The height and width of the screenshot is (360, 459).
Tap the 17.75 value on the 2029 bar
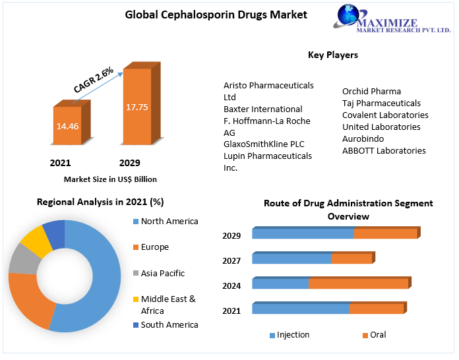137,105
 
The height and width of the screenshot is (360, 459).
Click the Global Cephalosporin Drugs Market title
216,14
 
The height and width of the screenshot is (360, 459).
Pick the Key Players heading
333,55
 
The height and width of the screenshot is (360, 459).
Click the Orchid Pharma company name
371,91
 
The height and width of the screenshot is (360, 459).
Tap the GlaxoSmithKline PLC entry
264,144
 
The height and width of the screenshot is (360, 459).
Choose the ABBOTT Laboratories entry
384,150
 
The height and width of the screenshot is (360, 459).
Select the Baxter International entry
262,109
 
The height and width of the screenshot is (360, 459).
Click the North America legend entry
169,222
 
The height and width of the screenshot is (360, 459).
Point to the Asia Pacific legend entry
163,273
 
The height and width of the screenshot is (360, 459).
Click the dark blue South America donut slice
54,231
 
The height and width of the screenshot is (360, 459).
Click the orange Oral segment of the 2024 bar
358,284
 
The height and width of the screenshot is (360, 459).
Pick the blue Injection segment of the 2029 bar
303,233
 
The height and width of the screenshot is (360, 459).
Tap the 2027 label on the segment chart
231,260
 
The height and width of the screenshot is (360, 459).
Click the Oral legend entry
377,335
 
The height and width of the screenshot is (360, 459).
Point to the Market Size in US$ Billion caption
110,179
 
